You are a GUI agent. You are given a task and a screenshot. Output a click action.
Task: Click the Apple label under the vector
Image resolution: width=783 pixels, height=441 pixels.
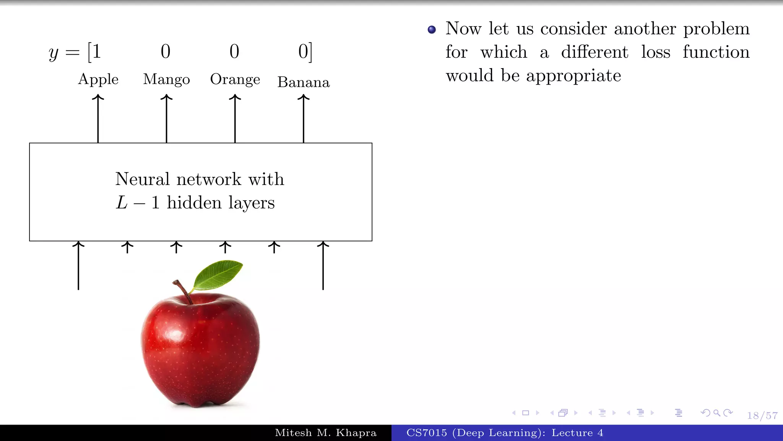click(98, 79)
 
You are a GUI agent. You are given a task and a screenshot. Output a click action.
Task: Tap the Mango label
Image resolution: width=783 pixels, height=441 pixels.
click(166, 79)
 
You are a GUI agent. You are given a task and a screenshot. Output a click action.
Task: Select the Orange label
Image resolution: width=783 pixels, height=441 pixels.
click(235, 79)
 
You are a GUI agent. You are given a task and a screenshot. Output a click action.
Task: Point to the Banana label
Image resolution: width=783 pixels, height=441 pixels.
click(304, 82)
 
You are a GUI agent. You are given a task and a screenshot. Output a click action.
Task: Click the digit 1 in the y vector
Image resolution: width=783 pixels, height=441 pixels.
click(96, 51)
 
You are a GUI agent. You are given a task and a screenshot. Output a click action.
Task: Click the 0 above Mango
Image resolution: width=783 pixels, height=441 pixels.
click(166, 51)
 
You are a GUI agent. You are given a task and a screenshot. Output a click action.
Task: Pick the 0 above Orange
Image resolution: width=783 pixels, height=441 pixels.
click(234, 51)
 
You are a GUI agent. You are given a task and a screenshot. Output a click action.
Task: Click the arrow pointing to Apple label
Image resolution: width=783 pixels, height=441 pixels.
click(98, 119)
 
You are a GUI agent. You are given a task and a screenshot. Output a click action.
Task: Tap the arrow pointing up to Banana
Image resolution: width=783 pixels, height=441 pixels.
click(304, 119)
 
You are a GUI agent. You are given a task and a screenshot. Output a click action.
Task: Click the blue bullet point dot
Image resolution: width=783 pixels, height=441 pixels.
click(432, 29)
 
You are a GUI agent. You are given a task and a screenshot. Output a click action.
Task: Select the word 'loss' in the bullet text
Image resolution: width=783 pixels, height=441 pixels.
click(656, 52)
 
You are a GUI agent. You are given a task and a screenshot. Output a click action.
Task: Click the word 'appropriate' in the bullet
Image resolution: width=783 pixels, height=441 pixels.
click(573, 76)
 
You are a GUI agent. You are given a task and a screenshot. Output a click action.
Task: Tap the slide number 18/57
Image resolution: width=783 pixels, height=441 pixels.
click(762, 415)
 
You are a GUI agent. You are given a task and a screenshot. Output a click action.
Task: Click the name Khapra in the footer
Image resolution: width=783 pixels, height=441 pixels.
click(356, 433)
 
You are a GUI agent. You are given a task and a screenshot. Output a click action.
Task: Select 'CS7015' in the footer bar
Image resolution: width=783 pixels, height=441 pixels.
click(426, 433)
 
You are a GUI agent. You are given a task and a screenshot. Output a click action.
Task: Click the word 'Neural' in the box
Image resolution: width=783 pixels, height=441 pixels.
click(143, 179)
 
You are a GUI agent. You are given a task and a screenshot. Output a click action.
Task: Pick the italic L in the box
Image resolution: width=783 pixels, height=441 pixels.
click(122, 203)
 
